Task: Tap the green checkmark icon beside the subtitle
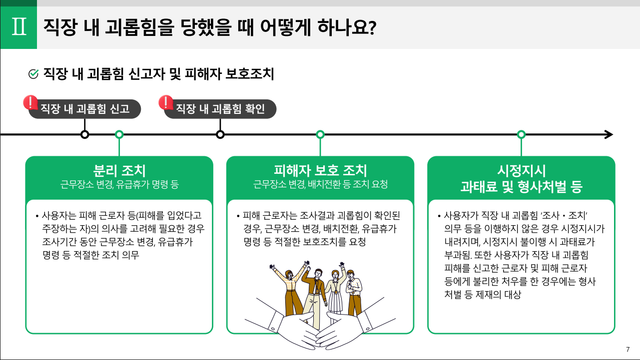pos(33,74)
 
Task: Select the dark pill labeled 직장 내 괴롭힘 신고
pos(84,109)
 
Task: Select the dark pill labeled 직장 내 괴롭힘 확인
pos(220,109)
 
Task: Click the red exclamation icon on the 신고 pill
pos(31,103)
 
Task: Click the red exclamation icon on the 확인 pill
pos(166,102)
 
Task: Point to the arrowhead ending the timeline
pos(609,134)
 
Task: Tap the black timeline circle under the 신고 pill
pos(85,134)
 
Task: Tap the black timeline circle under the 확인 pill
pos(220,134)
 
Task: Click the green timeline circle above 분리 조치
pos(119,134)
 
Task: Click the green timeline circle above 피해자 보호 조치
pos(320,134)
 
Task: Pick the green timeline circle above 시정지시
pos(521,134)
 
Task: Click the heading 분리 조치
pos(119,171)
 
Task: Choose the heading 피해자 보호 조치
pos(320,171)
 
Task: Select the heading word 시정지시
pos(521,171)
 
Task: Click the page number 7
pos(628,349)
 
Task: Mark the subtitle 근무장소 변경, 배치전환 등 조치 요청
pos(320,185)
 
